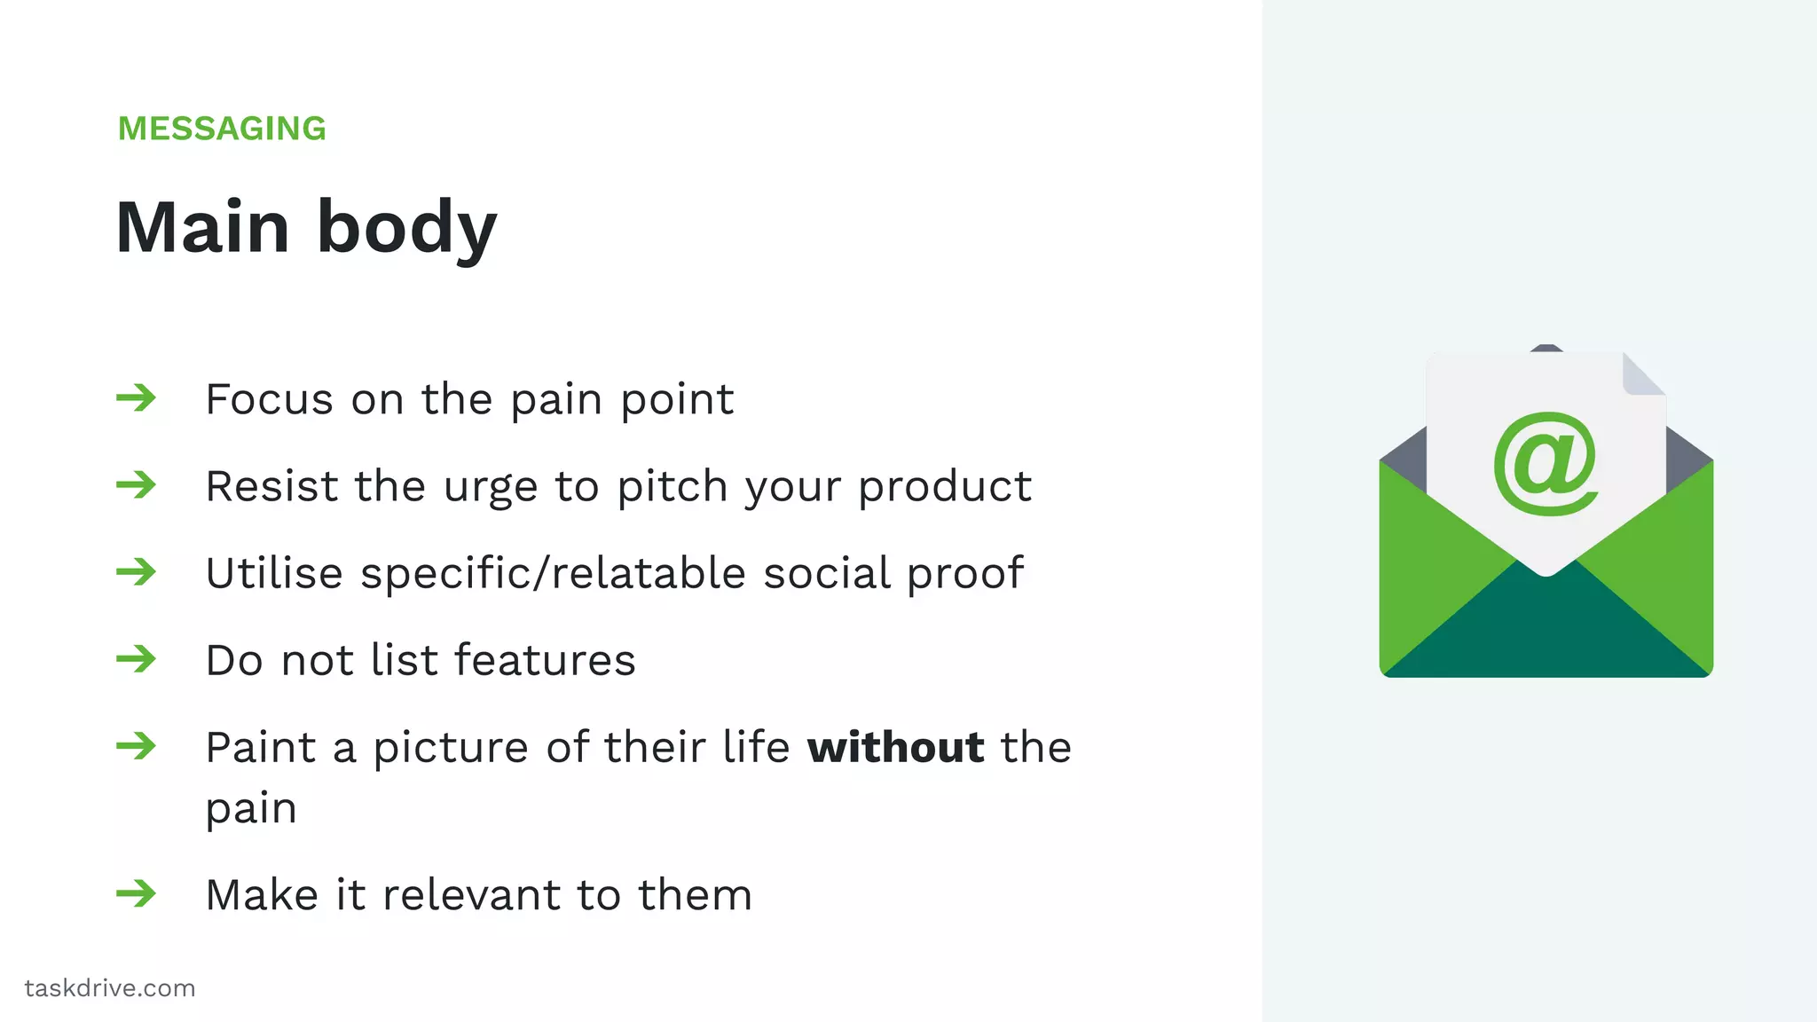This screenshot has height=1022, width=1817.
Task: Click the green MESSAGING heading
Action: click(222, 129)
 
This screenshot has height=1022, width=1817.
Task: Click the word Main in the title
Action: click(202, 227)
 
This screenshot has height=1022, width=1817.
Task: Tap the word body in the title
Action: click(406, 229)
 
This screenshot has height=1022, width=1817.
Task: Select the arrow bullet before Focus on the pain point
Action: click(136, 397)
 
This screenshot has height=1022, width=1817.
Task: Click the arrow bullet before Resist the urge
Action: click(136, 484)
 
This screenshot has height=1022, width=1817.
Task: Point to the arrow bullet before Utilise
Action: click(136, 571)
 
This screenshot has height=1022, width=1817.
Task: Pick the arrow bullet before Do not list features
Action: click(136, 658)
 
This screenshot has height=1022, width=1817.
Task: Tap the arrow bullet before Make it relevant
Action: click(136, 892)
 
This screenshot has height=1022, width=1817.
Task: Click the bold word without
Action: click(895, 747)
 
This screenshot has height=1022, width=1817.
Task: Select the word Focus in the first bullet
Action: click(270, 399)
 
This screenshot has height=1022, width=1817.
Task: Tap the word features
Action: click(545, 660)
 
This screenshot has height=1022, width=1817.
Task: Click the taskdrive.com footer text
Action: click(110, 988)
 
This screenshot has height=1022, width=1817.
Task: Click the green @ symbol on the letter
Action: click(1546, 463)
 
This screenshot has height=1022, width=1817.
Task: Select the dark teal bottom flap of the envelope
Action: click(1546, 634)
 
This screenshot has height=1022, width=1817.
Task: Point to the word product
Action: click(944, 486)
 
